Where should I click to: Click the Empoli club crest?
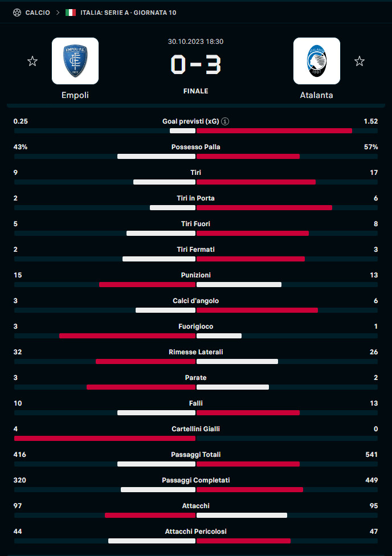[x=75, y=61]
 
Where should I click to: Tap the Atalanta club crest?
[x=317, y=61]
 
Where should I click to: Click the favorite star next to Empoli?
[x=32, y=62]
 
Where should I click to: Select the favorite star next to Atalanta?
[x=360, y=62]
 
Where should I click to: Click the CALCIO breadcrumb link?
[x=38, y=13]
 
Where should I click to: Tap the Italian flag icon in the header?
[x=71, y=13]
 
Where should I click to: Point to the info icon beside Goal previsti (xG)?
[x=225, y=121]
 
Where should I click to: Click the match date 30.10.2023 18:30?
[x=195, y=42]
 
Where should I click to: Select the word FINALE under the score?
[x=195, y=91]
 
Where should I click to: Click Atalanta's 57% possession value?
[x=371, y=147]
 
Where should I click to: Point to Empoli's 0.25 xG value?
[x=21, y=121]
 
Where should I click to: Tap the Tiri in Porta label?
[x=195, y=198]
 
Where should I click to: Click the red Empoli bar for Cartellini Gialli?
[x=105, y=439]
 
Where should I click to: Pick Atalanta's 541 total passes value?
[x=371, y=455]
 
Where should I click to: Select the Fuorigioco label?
[x=195, y=326]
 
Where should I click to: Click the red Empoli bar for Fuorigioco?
[x=127, y=336]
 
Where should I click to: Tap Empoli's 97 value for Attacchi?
[x=18, y=506]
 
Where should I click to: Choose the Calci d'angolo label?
[x=195, y=301]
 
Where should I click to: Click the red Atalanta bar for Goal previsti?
[x=274, y=131]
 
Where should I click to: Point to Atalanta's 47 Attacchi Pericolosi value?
[x=374, y=532]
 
